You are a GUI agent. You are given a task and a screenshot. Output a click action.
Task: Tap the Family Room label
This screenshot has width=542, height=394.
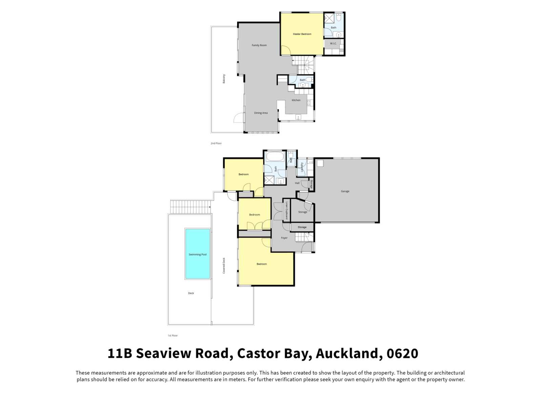[259, 45]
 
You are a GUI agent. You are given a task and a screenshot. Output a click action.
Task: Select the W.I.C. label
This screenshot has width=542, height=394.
[333, 44]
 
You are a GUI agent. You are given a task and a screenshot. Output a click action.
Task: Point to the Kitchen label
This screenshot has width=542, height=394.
[296, 100]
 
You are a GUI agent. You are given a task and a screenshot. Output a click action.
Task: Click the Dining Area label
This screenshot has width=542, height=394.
[261, 113]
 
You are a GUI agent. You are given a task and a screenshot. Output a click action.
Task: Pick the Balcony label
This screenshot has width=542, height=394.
[224, 79]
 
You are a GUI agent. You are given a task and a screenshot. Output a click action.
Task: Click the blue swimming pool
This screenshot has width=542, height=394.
[197, 254]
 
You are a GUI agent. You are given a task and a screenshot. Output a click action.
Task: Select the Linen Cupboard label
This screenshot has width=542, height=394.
[287, 211]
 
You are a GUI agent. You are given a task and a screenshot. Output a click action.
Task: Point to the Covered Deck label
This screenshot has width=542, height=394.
[224, 265]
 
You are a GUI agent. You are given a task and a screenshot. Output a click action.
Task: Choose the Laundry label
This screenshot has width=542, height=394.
[302, 168]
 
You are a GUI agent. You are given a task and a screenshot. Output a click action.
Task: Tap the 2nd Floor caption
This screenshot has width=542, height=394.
[216, 143]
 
